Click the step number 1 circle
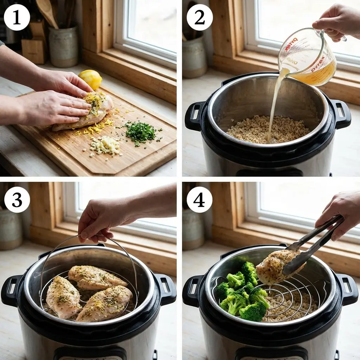[17, 17]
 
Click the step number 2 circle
[199, 17]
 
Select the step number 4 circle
[199, 199]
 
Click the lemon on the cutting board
[91, 79]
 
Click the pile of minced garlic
[105, 145]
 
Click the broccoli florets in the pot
[241, 294]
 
